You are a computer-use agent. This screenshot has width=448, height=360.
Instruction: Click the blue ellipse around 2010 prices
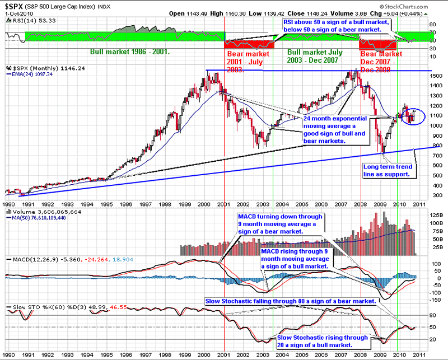[412, 116]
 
